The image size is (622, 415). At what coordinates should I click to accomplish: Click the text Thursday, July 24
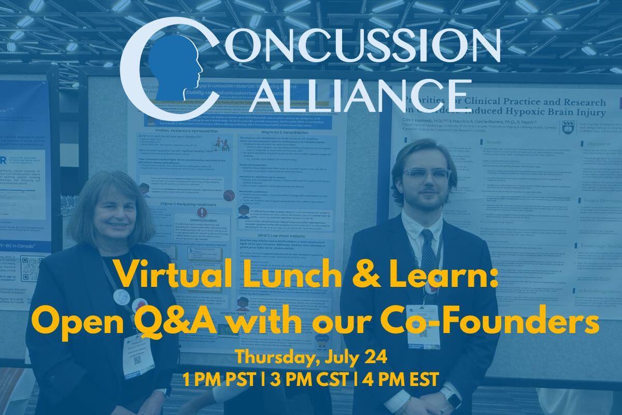click(x=310, y=358)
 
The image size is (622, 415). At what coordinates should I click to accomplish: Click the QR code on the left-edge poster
click(x=29, y=269)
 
